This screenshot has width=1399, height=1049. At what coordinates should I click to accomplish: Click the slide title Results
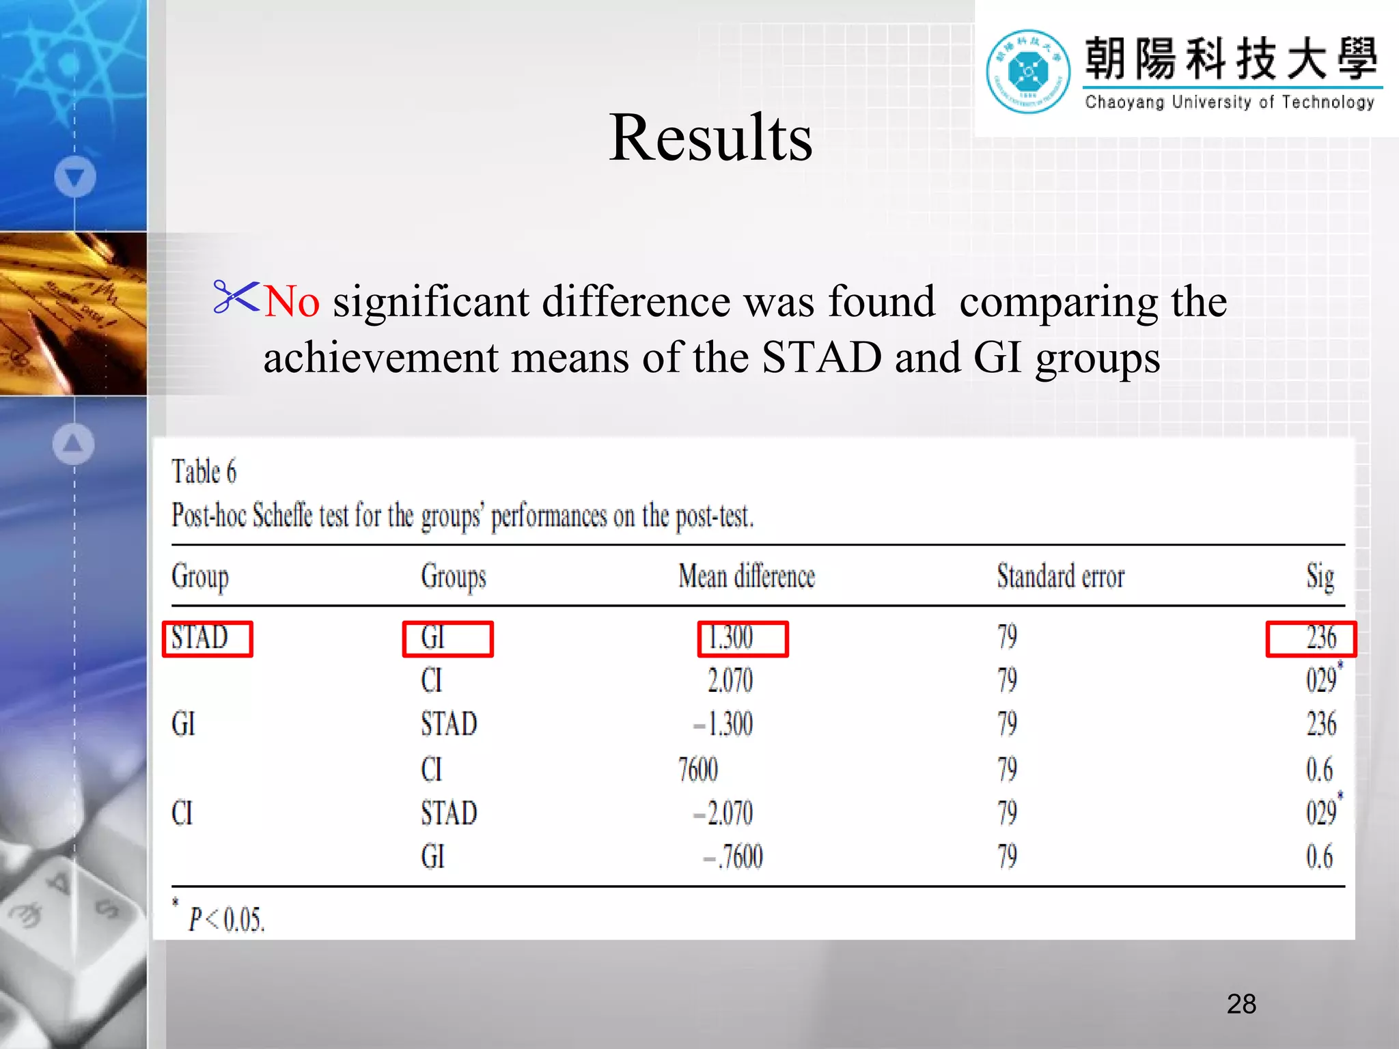coord(710,138)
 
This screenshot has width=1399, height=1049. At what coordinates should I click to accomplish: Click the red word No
coord(292,301)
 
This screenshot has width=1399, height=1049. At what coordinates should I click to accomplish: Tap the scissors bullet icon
coord(236,297)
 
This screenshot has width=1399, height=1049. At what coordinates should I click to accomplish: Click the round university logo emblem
coord(1027,71)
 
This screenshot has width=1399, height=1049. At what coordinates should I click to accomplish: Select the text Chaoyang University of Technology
coord(1229,102)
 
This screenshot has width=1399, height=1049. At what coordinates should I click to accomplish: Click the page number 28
coord(1241,1004)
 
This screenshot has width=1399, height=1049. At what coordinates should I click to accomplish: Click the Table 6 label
coord(204,472)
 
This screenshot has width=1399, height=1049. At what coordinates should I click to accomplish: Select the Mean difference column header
coord(746,576)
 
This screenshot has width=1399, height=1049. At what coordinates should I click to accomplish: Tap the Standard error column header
coord(1060,576)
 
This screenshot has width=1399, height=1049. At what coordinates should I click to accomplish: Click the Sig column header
coord(1320,576)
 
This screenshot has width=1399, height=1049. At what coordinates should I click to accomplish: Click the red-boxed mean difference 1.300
coord(743,639)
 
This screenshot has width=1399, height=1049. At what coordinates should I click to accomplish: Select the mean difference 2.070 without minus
coord(730,681)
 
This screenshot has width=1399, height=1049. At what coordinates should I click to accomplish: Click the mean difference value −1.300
coord(723,725)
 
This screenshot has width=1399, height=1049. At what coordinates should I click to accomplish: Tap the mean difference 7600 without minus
coord(698,770)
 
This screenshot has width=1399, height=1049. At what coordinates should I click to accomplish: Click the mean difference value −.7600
coord(733,857)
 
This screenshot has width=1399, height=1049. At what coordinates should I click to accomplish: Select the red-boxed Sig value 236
coord(1311,639)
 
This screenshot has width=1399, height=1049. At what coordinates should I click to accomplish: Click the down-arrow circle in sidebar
coord(75,177)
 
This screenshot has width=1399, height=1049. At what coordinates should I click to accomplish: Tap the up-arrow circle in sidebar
coord(73,444)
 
